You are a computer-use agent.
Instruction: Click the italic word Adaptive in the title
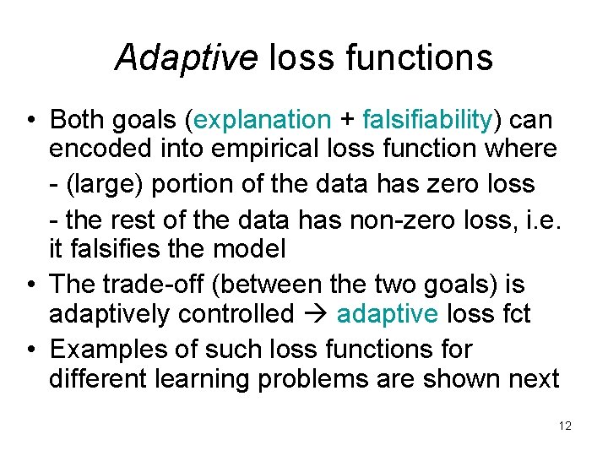tap(186, 58)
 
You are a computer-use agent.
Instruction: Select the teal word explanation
tap(263, 121)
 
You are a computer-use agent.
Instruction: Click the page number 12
tap(565, 426)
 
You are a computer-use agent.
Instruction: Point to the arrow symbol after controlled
tap(312, 314)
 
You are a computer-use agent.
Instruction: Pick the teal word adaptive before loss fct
tap(388, 314)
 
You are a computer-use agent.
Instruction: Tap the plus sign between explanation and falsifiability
tap(348, 121)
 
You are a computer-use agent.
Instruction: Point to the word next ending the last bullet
tap(532, 379)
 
